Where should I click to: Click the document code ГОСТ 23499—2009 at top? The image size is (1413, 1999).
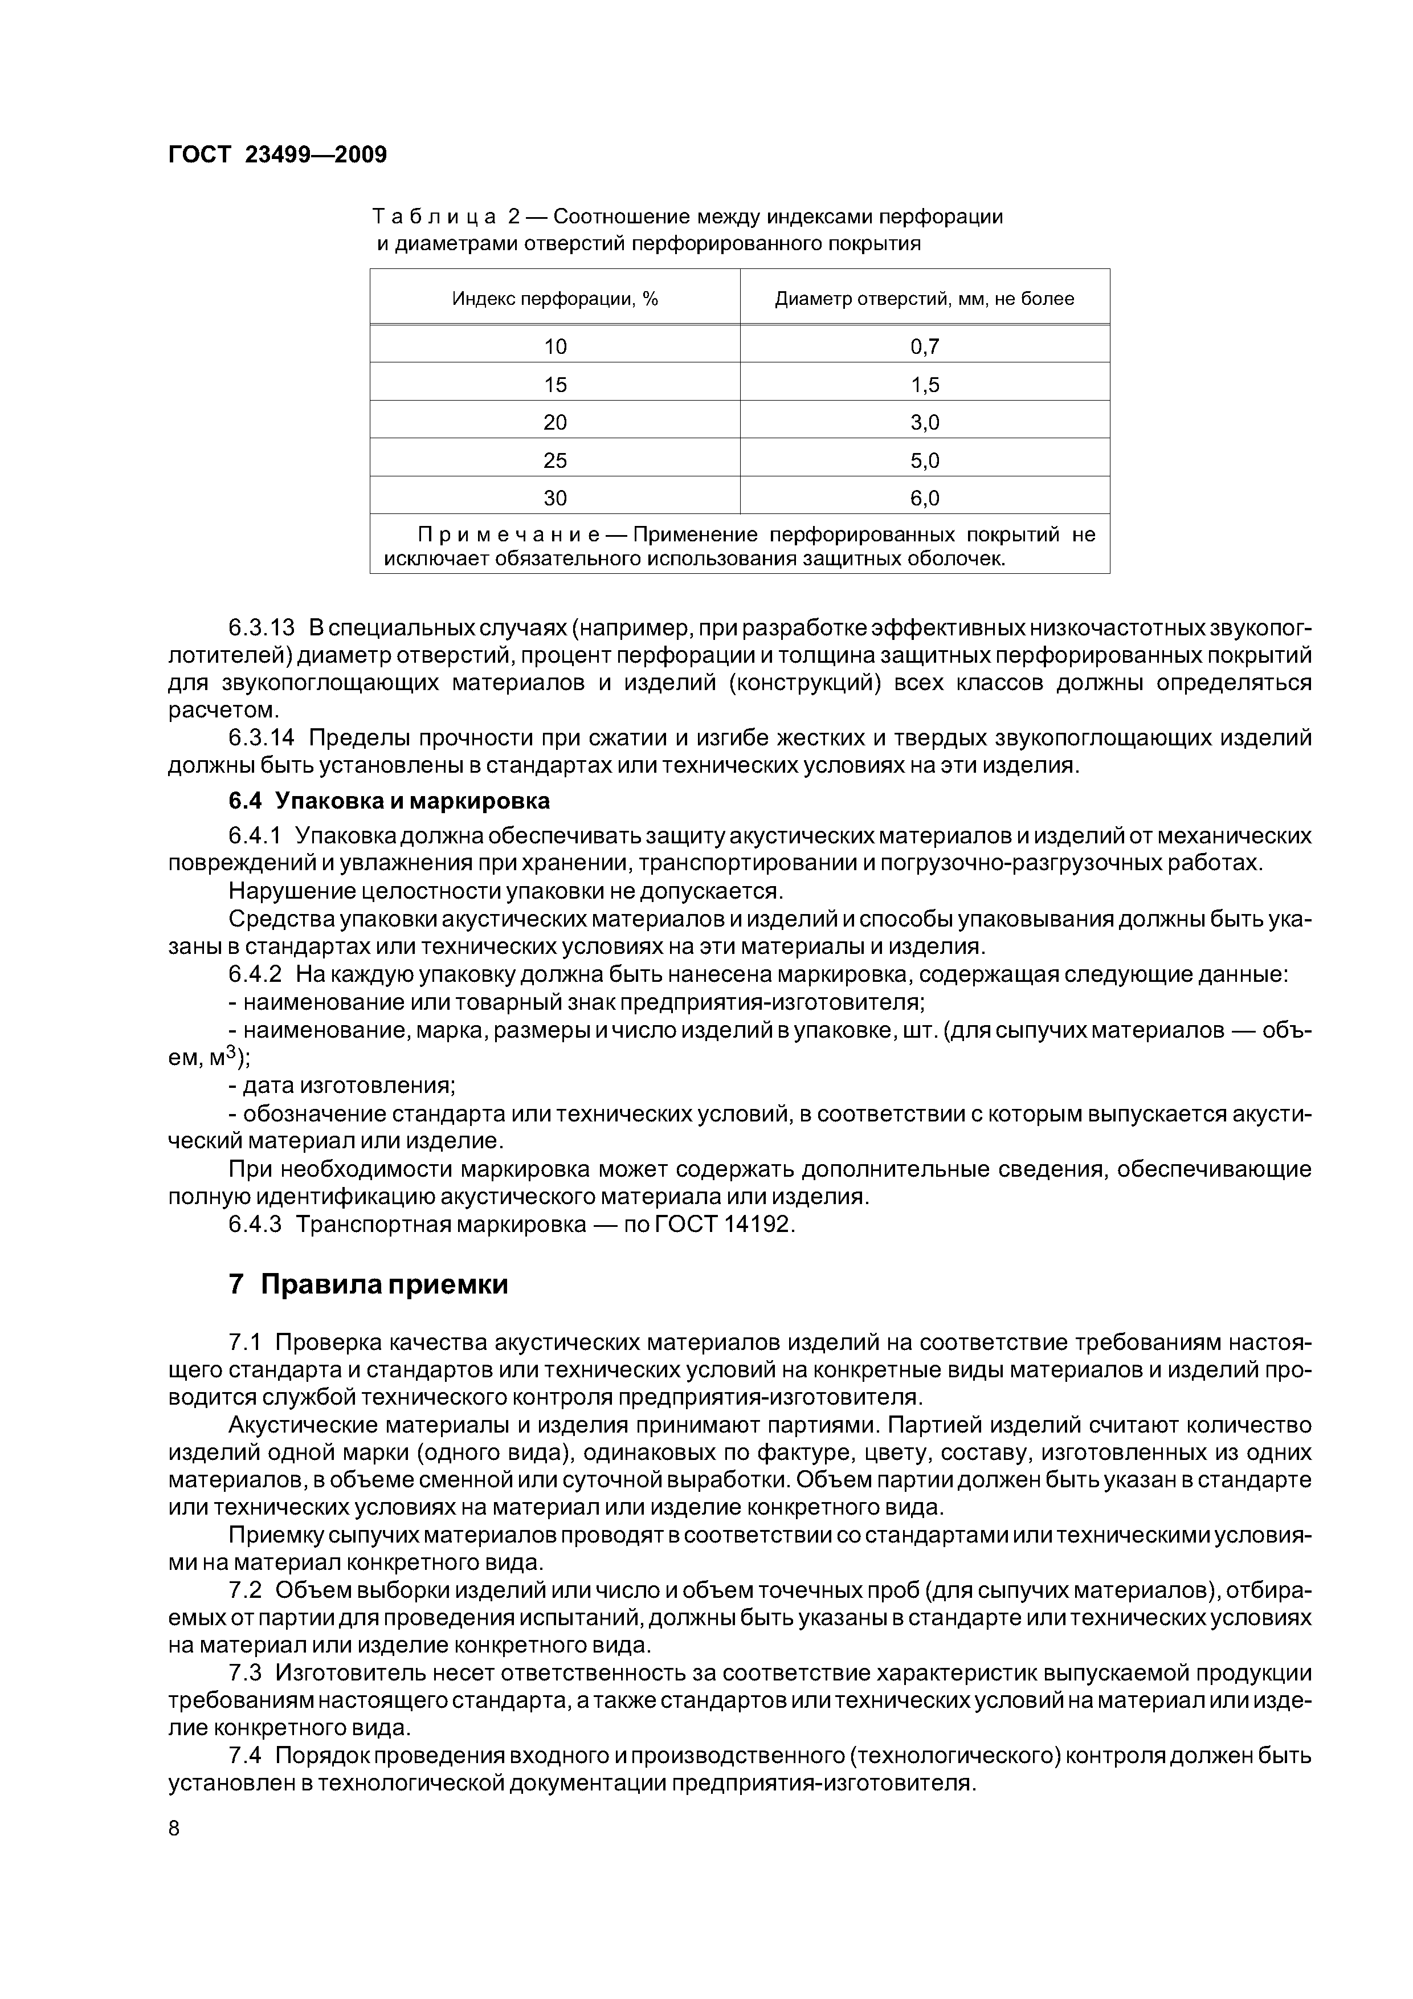pos(277,155)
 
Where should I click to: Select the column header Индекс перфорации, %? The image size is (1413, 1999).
pos(554,299)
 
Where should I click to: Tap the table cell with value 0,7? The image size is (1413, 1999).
pos(925,346)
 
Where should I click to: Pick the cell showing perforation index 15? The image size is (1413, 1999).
pos(554,385)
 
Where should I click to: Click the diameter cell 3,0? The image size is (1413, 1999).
pos(925,422)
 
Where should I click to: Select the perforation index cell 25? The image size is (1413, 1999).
pos(554,460)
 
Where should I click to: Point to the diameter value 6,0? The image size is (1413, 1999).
pos(925,498)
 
